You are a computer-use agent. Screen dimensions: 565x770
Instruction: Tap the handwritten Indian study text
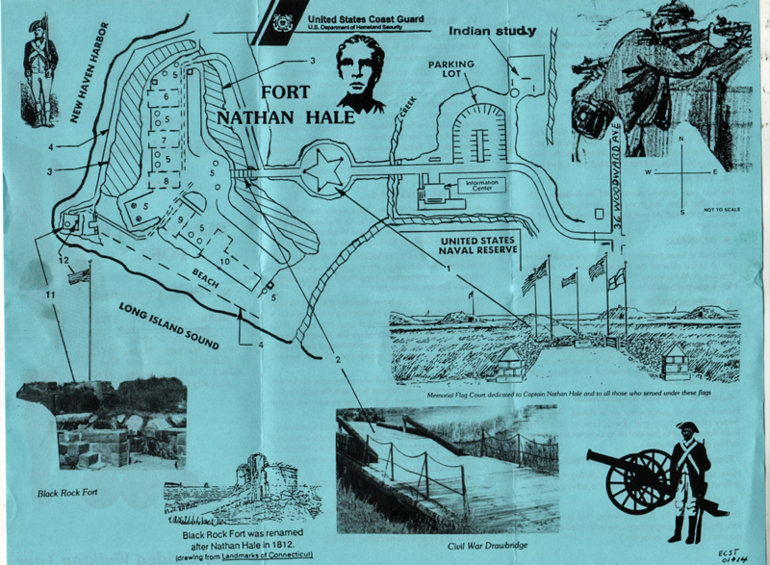491,33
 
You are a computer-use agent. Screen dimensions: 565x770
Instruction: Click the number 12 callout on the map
64,260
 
